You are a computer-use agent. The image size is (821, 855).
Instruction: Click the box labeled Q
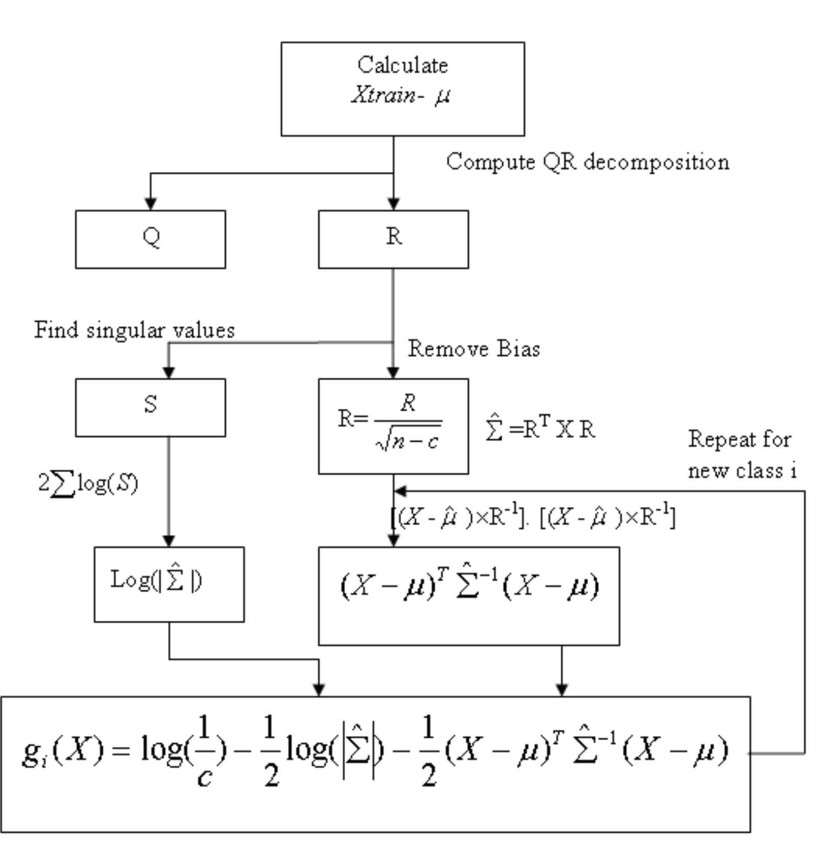point(150,239)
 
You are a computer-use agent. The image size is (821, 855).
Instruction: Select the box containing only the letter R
point(393,239)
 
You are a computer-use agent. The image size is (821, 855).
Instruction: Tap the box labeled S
point(150,407)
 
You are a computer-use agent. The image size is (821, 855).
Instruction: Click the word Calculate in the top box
point(402,65)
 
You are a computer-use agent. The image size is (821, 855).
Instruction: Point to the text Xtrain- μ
point(401,95)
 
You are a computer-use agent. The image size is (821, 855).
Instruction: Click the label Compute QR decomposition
point(587,162)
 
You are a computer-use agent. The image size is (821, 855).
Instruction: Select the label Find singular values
point(134,330)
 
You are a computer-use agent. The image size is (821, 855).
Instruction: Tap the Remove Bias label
point(473,349)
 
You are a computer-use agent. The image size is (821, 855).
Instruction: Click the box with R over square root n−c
point(393,426)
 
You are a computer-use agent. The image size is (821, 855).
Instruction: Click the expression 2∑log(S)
point(88,483)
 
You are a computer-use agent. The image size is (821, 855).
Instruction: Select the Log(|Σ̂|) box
point(169,584)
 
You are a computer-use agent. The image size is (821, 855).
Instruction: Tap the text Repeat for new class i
point(742,454)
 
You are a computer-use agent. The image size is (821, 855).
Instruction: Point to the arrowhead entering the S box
point(168,372)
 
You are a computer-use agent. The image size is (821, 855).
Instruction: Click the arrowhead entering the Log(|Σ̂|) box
point(168,541)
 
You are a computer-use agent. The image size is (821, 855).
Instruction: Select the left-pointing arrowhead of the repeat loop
point(400,491)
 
